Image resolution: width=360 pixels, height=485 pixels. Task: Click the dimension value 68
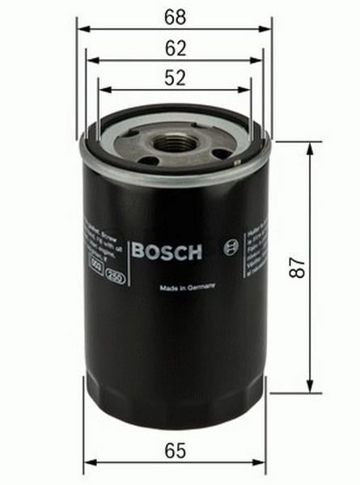point(175,15)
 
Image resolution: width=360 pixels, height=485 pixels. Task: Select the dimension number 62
point(175,48)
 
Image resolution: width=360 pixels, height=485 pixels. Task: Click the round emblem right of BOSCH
point(235,243)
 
